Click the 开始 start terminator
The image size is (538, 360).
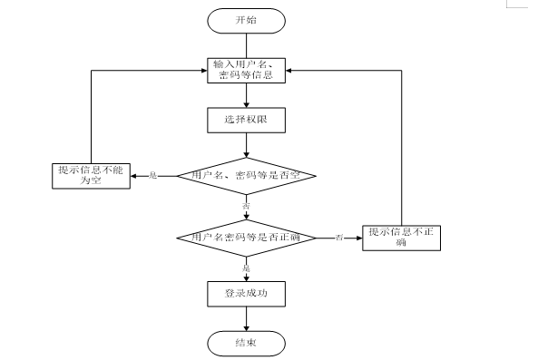coord(246,20)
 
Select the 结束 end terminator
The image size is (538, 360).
coord(246,343)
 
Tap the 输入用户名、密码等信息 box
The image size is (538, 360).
coord(246,70)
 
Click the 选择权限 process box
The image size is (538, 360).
coord(246,120)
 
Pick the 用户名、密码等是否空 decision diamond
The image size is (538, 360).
coord(246,175)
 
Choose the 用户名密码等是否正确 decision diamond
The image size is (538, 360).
coord(246,238)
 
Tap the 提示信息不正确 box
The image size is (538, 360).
coord(402,237)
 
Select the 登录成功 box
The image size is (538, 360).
coord(246,294)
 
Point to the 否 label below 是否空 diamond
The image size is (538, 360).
coord(246,208)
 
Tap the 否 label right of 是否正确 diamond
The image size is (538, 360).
coord(338,238)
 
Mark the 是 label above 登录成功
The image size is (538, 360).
coord(246,268)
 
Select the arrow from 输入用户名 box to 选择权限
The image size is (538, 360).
coord(246,97)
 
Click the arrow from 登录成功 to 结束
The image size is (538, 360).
coord(246,318)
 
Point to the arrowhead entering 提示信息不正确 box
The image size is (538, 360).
coord(359,238)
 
